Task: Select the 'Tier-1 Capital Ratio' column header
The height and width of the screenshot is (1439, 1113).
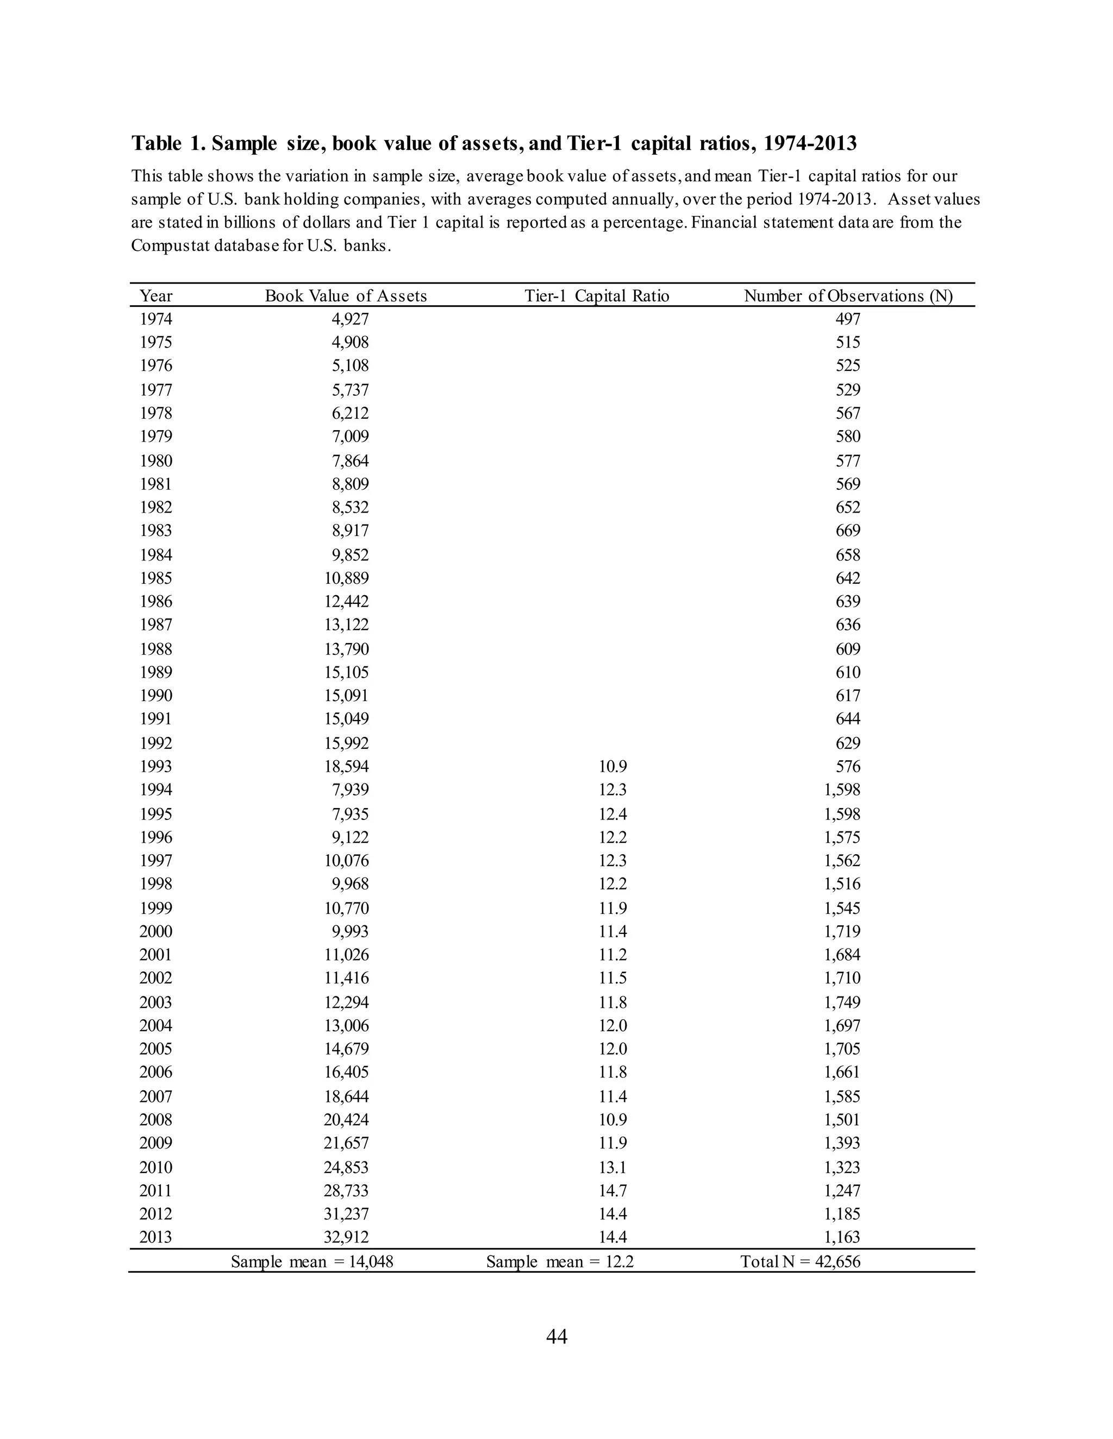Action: tap(596, 296)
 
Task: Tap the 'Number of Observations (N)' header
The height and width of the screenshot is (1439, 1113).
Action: tap(848, 296)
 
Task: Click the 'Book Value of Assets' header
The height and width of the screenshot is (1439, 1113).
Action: tap(346, 296)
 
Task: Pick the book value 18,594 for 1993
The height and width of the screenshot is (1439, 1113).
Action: tap(346, 766)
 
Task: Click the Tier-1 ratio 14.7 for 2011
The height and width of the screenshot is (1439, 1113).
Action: tap(612, 1191)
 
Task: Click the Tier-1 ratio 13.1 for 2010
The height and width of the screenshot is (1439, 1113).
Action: tap(612, 1167)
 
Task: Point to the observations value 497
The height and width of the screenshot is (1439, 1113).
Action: tap(848, 319)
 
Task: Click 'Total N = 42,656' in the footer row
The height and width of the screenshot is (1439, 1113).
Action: tap(800, 1262)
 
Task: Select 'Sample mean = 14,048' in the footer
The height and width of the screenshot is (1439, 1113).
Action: tap(312, 1262)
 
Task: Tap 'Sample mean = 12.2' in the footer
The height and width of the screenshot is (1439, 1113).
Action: tap(560, 1262)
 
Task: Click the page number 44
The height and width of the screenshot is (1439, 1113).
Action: tap(556, 1337)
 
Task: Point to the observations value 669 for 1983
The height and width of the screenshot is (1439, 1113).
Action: tap(848, 531)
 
